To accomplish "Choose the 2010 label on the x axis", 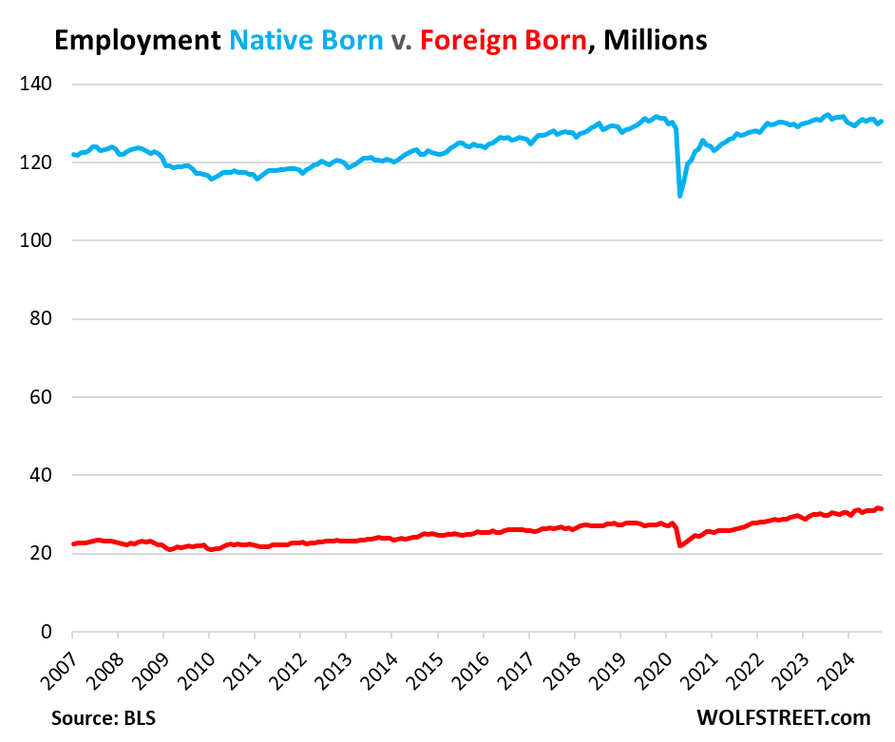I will click(194, 660).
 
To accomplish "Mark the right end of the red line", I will click(883, 509).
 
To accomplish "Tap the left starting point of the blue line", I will click(73, 154).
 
